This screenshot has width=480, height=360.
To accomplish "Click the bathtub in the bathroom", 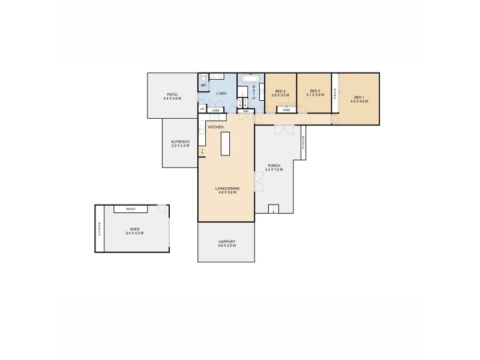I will click(x=251, y=79).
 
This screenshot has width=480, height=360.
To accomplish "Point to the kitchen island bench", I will click(x=226, y=144).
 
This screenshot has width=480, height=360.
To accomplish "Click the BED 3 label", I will click(x=280, y=91).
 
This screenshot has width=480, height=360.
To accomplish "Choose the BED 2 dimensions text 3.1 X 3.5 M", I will click(x=314, y=95).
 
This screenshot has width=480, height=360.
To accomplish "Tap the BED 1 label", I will click(x=359, y=97).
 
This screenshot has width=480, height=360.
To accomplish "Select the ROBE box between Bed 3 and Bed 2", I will click(x=287, y=110).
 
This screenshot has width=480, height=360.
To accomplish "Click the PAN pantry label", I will click(x=246, y=110).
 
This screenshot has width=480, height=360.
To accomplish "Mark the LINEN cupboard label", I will click(x=216, y=110).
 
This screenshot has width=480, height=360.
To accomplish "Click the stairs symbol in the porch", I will click(x=273, y=209).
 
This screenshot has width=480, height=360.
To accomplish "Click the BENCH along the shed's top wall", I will click(x=130, y=209).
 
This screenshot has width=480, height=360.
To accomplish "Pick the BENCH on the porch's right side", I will click(x=304, y=143).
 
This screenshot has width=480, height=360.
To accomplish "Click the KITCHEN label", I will click(x=216, y=128).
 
